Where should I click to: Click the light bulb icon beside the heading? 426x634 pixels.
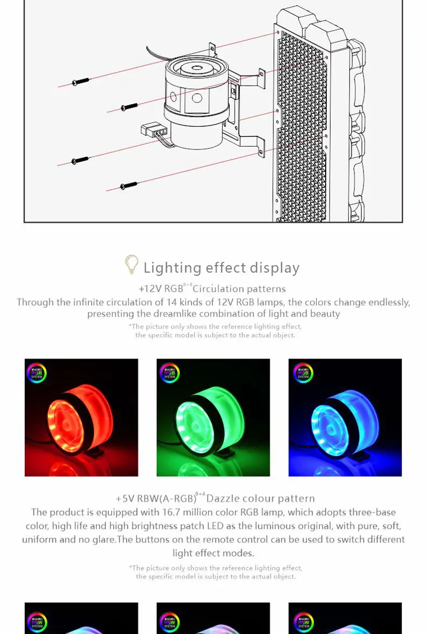coord(132,264)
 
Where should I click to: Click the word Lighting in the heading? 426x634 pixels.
coord(173,268)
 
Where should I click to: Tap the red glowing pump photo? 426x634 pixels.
coord(81,417)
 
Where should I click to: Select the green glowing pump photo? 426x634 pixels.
coord(213,417)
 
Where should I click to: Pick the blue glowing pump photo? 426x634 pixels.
coord(345,417)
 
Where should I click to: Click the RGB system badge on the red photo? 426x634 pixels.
coord(37,373)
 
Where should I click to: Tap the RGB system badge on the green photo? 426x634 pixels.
coord(169,373)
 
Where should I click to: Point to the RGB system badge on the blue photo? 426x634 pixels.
coord(303,373)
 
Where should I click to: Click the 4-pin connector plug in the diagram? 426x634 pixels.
coord(154,131)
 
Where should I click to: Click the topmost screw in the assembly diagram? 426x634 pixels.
coord(80,82)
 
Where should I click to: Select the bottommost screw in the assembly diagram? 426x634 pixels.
coord(129,186)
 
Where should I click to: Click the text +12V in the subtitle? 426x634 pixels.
coord(150,289)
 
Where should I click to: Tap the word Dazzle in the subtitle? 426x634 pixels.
coord(223,499)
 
